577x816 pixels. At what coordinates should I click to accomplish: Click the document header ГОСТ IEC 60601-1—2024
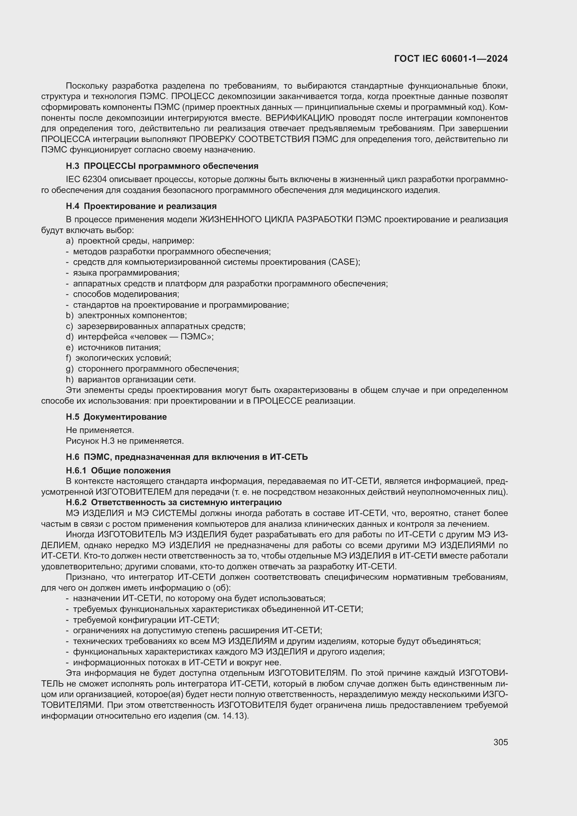[451, 59]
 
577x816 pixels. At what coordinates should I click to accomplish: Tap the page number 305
[501, 742]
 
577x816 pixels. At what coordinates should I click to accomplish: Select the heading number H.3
[73, 166]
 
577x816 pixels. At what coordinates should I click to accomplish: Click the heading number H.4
[73, 206]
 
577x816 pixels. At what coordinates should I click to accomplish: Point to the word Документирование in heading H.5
[125, 417]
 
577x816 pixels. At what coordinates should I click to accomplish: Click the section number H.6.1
[76, 471]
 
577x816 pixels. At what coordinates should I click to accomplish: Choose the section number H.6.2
[76, 502]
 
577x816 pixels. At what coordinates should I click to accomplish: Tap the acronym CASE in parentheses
[344, 262]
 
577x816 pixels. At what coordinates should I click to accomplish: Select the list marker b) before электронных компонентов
[70, 316]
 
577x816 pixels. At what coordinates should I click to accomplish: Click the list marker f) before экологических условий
[69, 358]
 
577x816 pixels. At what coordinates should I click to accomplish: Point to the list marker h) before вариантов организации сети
[70, 380]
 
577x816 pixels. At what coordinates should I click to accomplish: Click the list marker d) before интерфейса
[70, 337]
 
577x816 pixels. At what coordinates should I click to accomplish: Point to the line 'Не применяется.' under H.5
[100, 431]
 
